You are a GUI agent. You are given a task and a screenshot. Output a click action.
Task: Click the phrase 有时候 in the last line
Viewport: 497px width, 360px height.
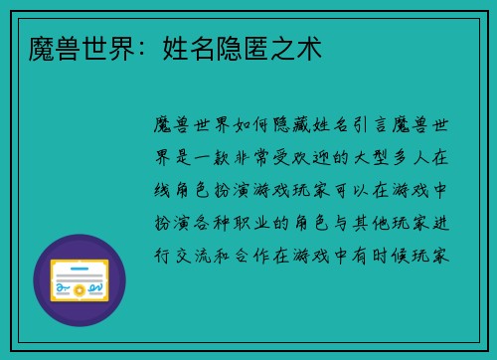tap(388, 255)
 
